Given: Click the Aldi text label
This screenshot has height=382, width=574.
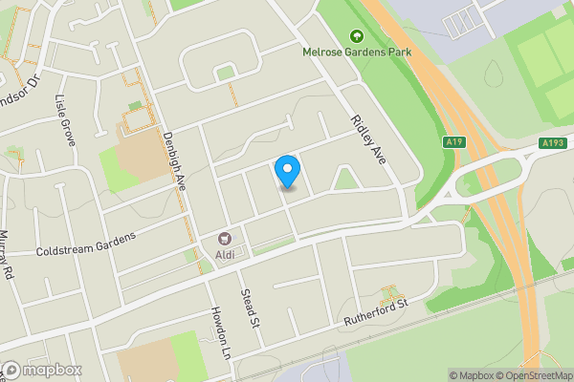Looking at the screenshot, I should [227, 255].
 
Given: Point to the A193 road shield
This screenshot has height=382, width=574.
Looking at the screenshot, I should [552, 143].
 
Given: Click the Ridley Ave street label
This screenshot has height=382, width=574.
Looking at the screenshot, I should [368, 140].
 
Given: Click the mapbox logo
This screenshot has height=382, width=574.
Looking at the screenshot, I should [41, 370].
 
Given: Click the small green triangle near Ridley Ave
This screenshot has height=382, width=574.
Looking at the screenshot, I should [345, 178].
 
